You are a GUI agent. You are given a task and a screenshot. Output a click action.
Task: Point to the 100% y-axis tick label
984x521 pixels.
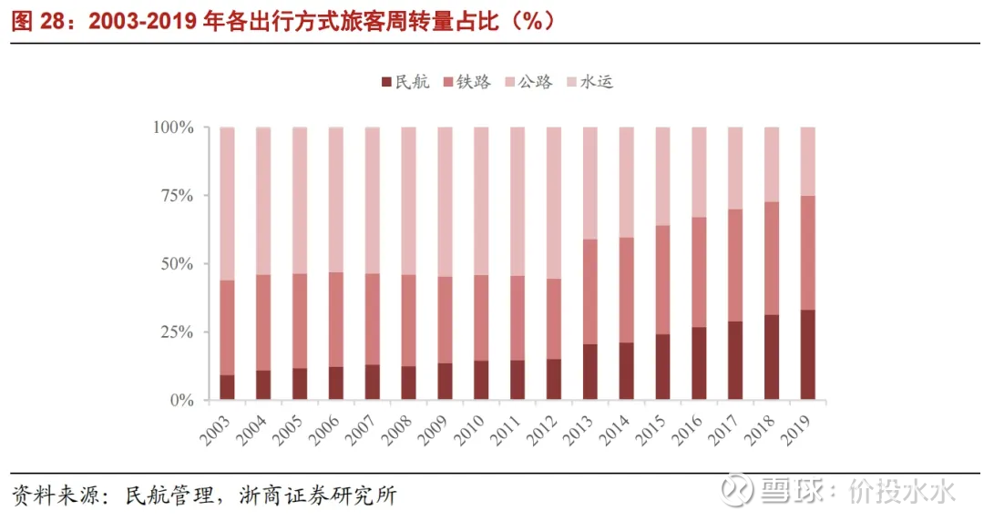(172, 128)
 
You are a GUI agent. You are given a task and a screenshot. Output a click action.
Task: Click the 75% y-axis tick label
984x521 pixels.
(176, 196)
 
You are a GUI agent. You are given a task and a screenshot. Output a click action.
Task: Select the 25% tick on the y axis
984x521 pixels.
(176, 332)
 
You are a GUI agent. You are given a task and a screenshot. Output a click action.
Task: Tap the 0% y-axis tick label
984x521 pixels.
(179, 401)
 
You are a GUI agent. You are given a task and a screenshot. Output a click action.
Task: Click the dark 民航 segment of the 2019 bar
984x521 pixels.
(807, 355)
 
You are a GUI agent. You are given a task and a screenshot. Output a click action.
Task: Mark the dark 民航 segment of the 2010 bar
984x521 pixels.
(481, 381)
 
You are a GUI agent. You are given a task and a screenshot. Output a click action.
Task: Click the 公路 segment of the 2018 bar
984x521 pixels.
(771, 165)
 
